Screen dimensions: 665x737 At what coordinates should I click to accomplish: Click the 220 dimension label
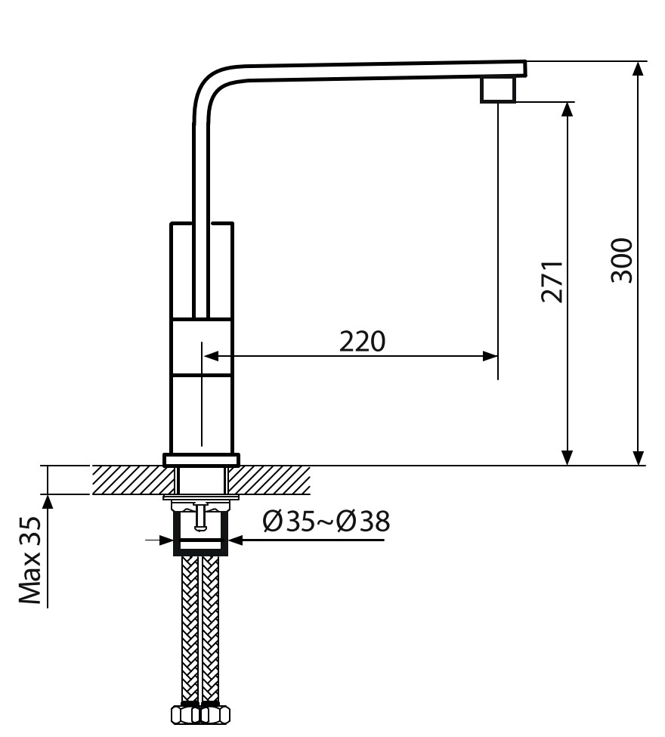click(362, 342)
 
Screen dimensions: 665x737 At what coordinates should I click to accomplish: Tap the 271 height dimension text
click(552, 281)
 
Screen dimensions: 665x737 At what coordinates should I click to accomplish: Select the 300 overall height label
click(622, 260)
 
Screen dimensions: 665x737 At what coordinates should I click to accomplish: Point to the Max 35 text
click(30, 560)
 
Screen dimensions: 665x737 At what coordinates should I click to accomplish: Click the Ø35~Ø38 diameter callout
click(326, 522)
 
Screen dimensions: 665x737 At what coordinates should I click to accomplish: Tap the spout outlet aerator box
click(498, 89)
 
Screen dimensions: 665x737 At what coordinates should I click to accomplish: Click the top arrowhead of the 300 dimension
click(638, 69)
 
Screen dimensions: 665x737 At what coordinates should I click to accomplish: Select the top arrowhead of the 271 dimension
click(568, 109)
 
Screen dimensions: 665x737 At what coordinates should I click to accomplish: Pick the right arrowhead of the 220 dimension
click(490, 356)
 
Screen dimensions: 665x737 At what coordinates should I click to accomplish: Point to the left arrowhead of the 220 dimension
click(211, 356)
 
